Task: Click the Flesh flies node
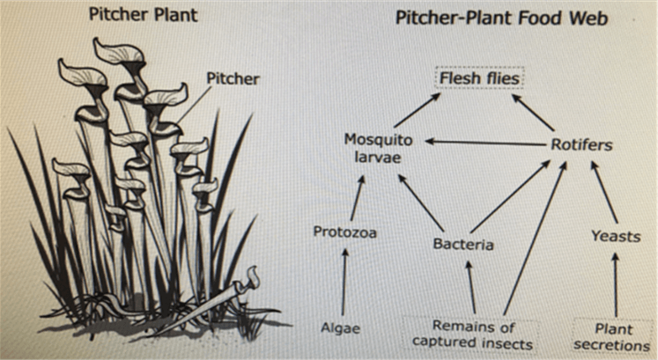coord(481,79)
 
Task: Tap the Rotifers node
coord(581,144)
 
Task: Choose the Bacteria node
coord(462,243)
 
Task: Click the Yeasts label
coord(615,235)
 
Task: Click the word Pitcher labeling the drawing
coord(233,79)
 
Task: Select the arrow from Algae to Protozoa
coord(344,282)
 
